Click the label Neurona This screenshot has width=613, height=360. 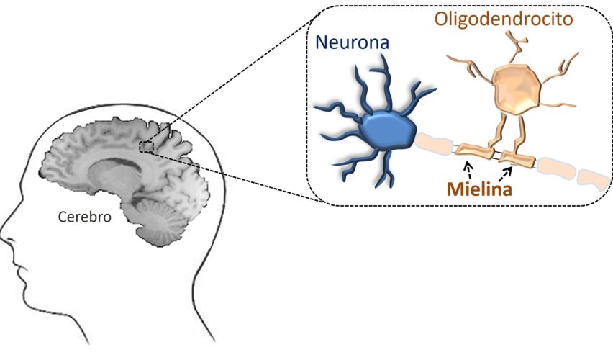pos(353,44)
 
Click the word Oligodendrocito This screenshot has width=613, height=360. pos(503,18)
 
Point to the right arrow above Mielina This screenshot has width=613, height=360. pos(509,171)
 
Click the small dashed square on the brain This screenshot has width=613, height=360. pos(147,147)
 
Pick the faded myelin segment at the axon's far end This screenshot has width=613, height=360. pos(592,177)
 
